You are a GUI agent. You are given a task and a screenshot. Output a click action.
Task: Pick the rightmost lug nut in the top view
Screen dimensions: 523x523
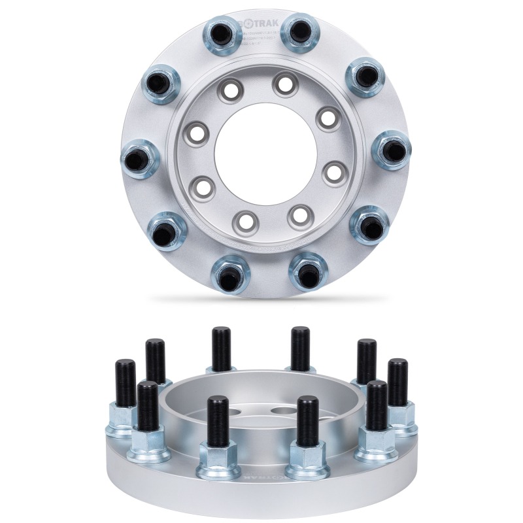click(x=391, y=150)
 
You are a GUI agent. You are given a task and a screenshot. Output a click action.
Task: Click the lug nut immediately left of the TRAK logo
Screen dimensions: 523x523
click(x=224, y=35)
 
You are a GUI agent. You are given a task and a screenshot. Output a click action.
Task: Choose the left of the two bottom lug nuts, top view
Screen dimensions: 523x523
click(x=230, y=275)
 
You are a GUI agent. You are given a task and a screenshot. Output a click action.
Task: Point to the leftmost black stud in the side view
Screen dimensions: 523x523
click(x=125, y=383)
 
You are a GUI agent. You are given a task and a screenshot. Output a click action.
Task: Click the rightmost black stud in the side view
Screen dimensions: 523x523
click(x=397, y=382)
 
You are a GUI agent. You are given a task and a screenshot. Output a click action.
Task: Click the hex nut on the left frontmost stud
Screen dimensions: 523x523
click(x=218, y=457)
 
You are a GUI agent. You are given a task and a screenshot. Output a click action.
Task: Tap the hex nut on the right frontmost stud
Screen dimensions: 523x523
click(x=306, y=456)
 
